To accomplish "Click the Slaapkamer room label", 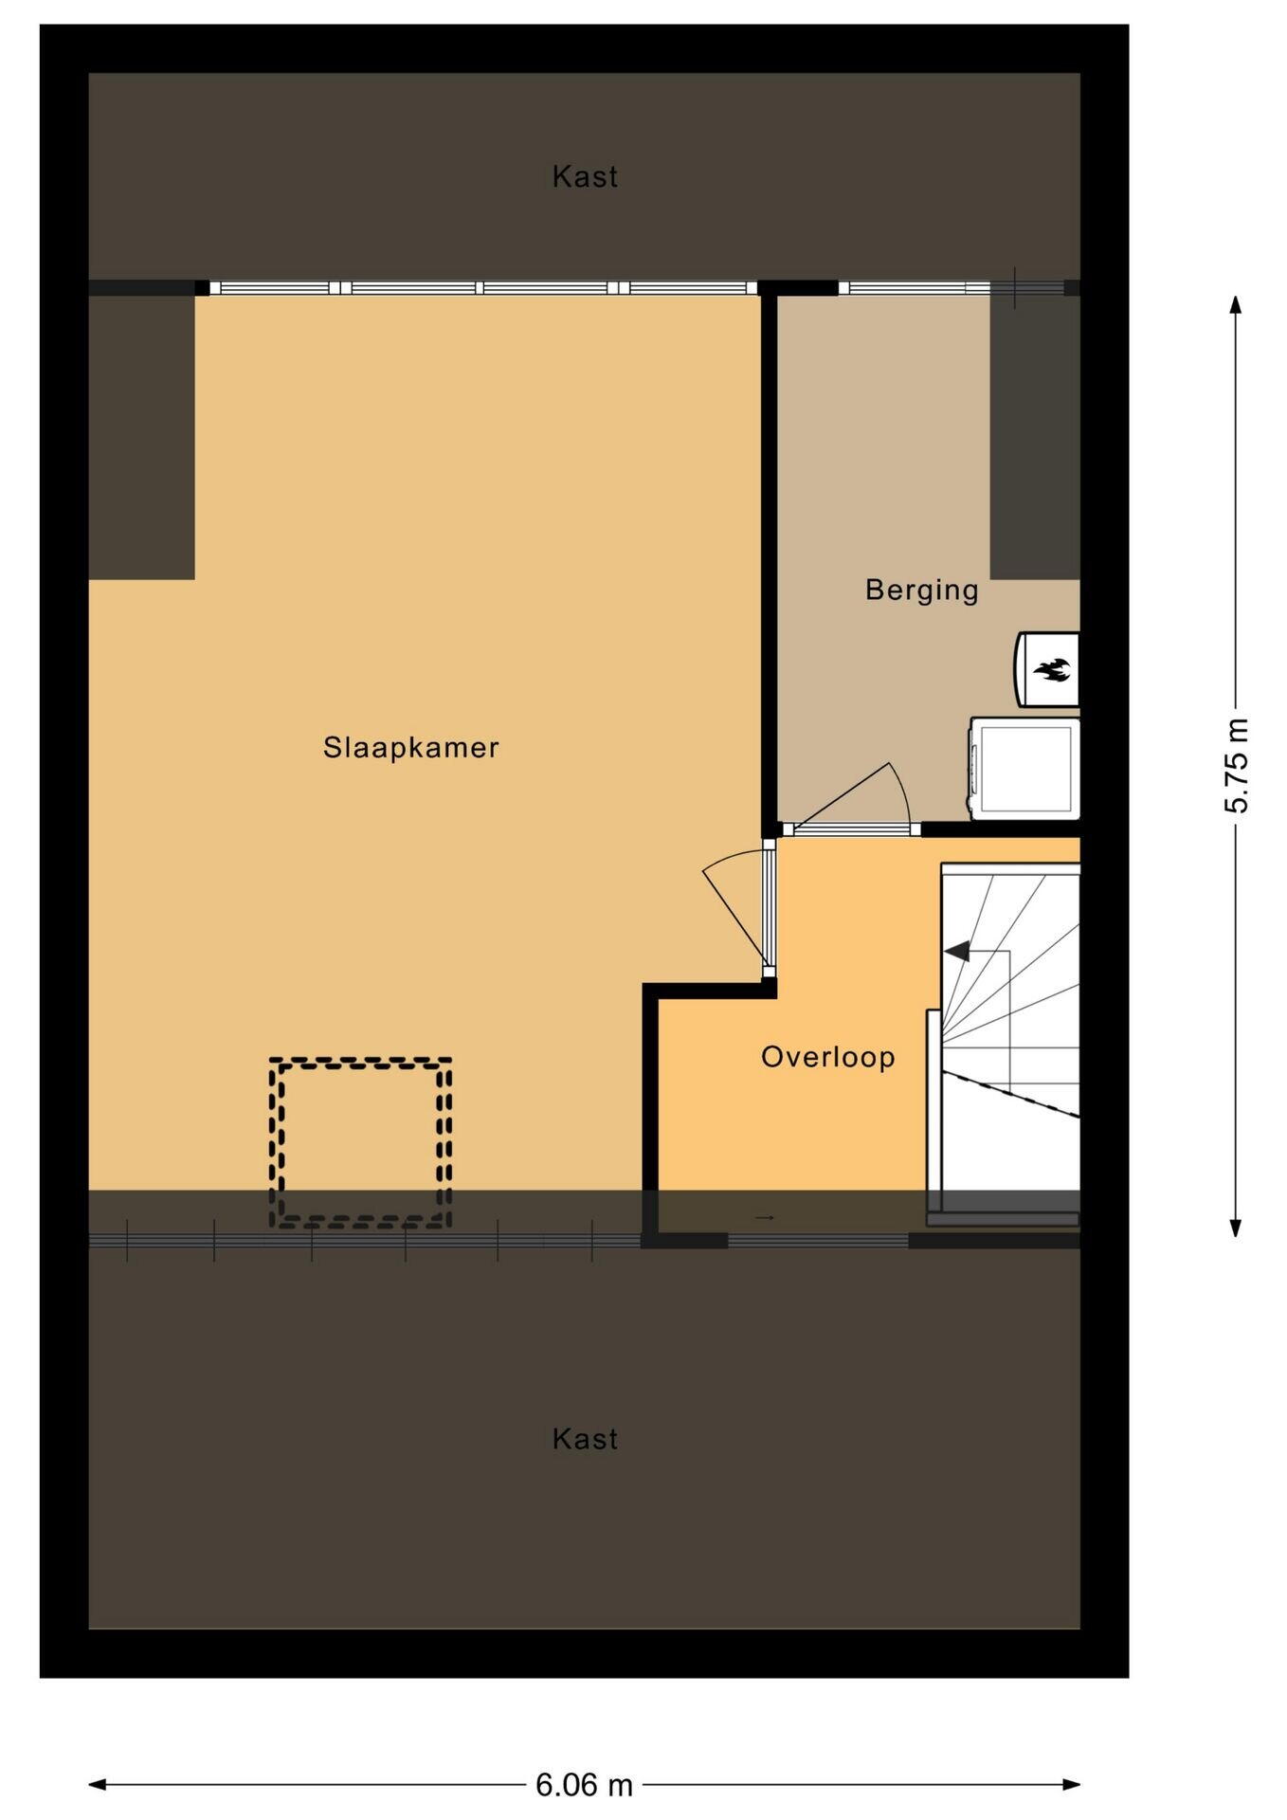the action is pyautogui.click(x=410, y=748).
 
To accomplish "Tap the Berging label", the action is pyautogui.click(x=921, y=590).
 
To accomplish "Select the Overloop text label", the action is pyautogui.click(x=828, y=1057).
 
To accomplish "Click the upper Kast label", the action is pyautogui.click(x=585, y=176).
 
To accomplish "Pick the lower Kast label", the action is pyautogui.click(x=585, y=1439).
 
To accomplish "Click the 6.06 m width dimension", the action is pyautogui.click(x=584, y=1786).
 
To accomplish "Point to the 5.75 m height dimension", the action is pyautogui.click(x=1237, y=766).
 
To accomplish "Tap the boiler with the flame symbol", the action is pyautogui.click(x=1047, y=669).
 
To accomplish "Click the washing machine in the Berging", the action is pyautogui.click(x=1024, y=768).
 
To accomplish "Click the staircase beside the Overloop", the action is pyautogui.click(x=1007, y=1043).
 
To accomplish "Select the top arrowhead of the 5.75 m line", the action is pyautogui.click(x=1235, y=304).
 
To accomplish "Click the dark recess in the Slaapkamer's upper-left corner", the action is pyautogui.click(x=141, y=437).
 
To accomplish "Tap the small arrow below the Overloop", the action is pyautogui.click(x=766, y=1217).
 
